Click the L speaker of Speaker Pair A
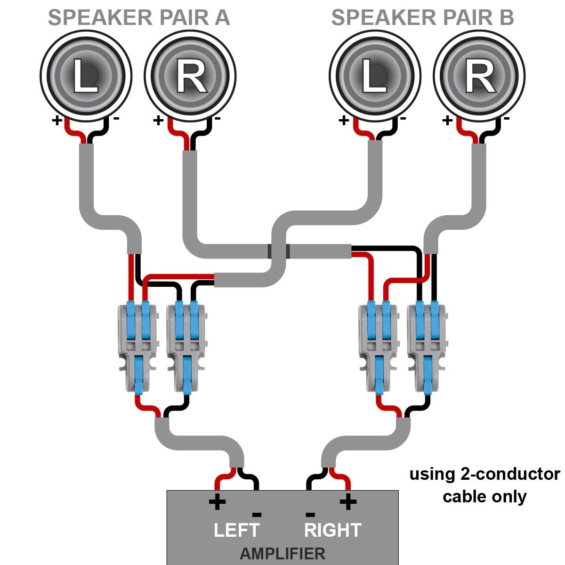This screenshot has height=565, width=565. point(85,75)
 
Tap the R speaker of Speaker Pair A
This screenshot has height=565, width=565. point(190,75)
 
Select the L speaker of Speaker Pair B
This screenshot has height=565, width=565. point(375,75)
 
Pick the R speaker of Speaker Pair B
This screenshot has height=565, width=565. point(479,75)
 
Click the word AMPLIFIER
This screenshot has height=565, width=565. point(282,554)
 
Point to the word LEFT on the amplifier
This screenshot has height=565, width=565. point(236,530)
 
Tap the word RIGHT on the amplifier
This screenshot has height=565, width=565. point(332,530)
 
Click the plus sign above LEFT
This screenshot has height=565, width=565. point(217,502)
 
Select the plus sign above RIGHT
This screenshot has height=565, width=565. point(348,502)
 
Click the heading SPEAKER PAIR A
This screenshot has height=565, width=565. point(139,18)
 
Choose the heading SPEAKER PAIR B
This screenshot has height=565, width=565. point(422,18)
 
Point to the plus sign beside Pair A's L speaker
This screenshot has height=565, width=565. point(57,121)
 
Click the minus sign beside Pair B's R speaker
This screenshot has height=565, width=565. point(506,119)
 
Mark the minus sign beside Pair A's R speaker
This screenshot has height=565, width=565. point(217,119)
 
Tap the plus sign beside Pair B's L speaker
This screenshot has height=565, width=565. point(344,121)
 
